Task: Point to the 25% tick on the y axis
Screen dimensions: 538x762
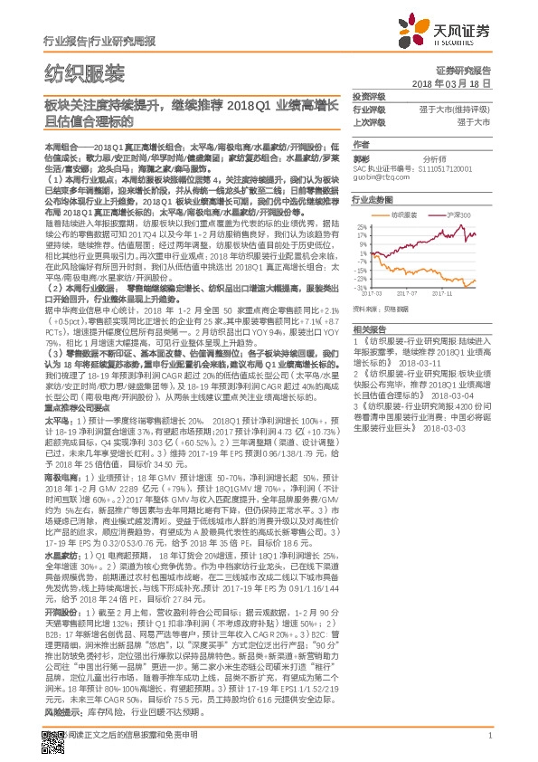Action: [x=361, y=226]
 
